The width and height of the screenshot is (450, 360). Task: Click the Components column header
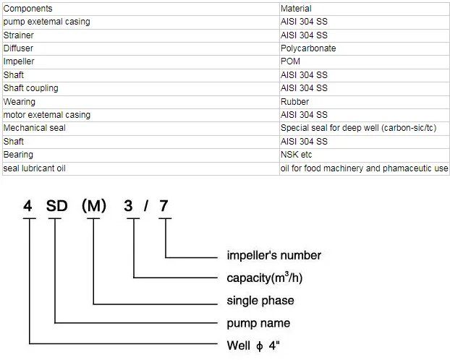pos(27,9)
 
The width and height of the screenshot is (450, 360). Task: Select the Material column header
pos(296,9)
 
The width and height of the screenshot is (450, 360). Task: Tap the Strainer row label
pos(19,35)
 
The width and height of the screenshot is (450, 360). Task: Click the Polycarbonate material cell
pos(308,48)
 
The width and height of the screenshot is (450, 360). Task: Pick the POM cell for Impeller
pos(290,61)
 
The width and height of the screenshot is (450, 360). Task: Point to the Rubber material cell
pos(294,102)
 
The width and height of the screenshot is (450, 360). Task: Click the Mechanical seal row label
pos(35,128)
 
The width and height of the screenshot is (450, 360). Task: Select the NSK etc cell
pos(296,155)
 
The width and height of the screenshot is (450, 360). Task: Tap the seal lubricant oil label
pos(35,168)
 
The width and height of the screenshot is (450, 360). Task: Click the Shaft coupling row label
pos(30,88)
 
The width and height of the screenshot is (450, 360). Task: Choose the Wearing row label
pos(20,102)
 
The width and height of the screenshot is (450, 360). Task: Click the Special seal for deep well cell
pos(358,128)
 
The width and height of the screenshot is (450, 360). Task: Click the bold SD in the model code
pos(57,206)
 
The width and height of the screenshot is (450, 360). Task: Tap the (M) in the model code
pos(94,206)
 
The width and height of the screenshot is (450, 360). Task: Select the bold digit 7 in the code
pos(164,206)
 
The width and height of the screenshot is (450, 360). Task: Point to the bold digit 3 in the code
pos(128,206)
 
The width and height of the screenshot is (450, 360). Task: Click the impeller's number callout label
pos(273,255)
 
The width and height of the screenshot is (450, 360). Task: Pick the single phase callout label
pos(260,301)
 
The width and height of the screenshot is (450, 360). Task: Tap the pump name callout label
pos(258,323)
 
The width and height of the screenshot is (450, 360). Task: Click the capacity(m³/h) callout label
pos(265,278)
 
